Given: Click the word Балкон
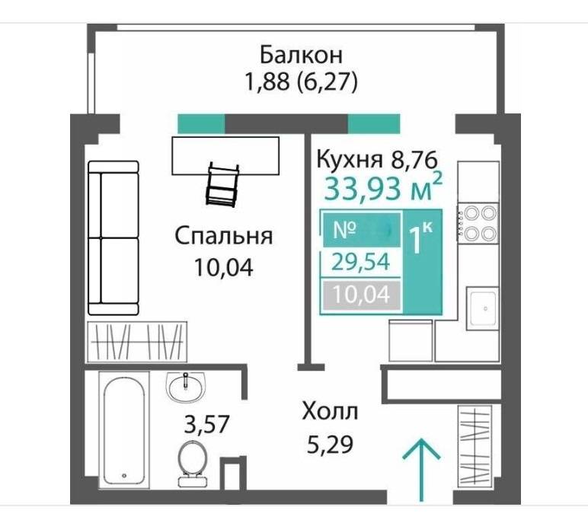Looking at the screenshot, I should tap(300, 56).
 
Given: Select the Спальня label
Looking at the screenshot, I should tap(223, 236).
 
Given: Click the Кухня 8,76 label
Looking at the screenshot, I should tap(376, 160).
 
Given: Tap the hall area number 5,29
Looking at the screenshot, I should tap(329, 441).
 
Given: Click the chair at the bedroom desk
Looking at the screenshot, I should tap(222, 184).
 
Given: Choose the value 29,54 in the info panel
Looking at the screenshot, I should tap(362, 263).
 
